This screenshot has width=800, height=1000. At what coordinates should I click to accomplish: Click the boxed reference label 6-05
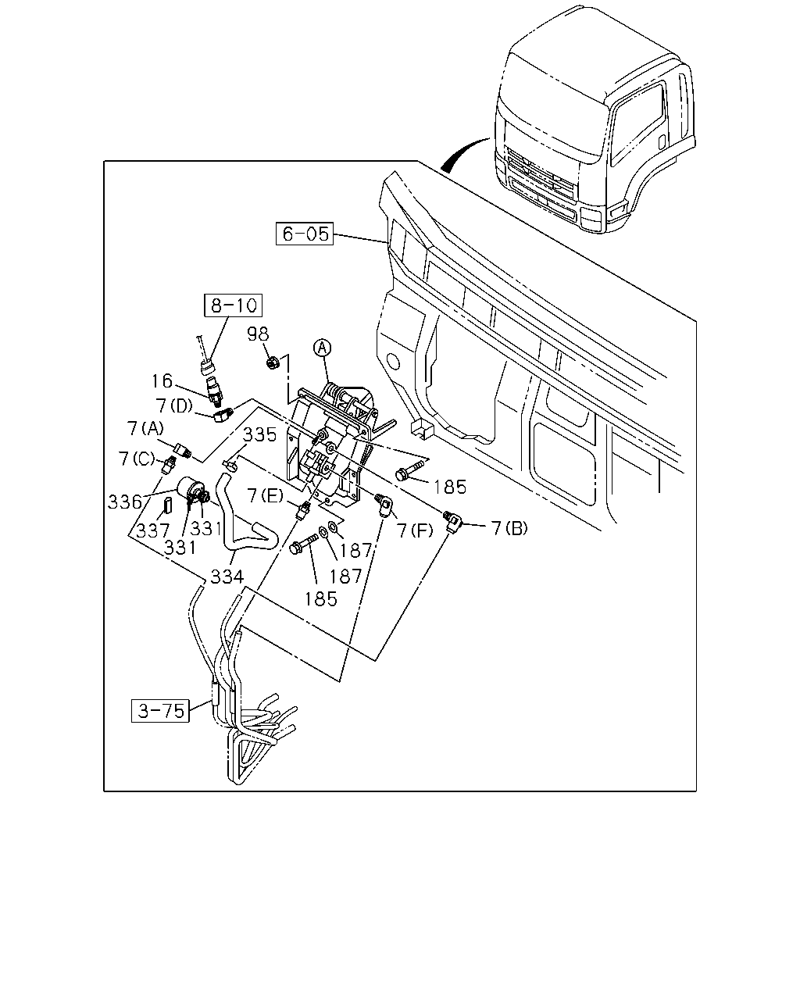tap(305, 234)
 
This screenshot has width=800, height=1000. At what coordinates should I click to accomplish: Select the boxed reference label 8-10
tap(234, 305)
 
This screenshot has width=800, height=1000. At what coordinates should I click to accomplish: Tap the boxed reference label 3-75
tap(160, 710)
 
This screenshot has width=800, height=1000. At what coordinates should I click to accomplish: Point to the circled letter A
tap(323, 347)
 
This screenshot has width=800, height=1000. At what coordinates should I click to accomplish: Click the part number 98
tap(258, 334)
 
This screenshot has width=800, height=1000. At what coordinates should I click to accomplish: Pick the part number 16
tap(162, 381)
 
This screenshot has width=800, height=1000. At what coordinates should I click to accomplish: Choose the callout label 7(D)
tap(174, 406)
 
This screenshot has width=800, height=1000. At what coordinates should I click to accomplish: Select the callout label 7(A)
tap(145, 428)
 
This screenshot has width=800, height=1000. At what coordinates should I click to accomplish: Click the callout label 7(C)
tap(136, 459)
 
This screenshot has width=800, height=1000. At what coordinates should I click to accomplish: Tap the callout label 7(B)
tap(510, 528)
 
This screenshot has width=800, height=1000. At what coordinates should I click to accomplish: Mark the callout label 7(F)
tap(415, 530)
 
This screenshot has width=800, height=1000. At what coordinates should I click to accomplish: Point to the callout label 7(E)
tap(265, 495)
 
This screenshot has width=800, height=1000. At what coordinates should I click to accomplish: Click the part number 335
tap(260, 434)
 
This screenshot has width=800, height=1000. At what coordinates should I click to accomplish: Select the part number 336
tap(124, 502)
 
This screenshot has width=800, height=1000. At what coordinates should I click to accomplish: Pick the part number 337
tap(153, 530)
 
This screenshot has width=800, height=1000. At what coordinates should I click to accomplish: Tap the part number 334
tap(227, 577)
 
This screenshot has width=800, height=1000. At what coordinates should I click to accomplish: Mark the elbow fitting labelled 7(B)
tap(451, 520)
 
